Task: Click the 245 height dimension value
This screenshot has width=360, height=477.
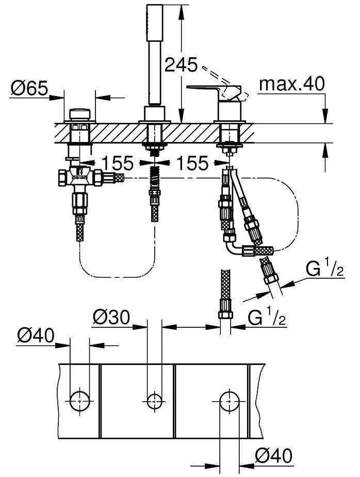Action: [181, 65]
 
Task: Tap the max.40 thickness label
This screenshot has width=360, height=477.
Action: [292, 84]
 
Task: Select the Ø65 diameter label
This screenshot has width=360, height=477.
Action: [29, 89]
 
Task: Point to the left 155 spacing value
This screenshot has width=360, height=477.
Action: [117, 164]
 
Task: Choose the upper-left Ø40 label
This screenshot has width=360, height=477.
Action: [35, 337]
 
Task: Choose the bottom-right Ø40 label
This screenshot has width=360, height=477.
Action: [273, 455]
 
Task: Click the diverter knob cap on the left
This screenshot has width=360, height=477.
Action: [79, 113]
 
